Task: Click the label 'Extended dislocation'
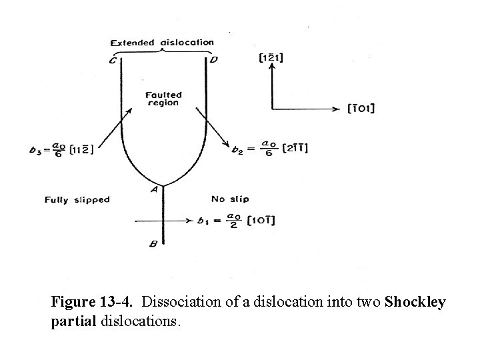pyautogui.click(x=162, y=43)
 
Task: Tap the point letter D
pyautogui.click(x=213, y=61)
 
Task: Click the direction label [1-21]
pyautogui.click(x=271, y=58)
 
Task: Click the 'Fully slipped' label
pyautogui.click(x=77, y=199)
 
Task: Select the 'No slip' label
pyautogui.click(x=229, y=199)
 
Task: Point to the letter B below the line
pyautogui.click(x=153, y=245)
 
